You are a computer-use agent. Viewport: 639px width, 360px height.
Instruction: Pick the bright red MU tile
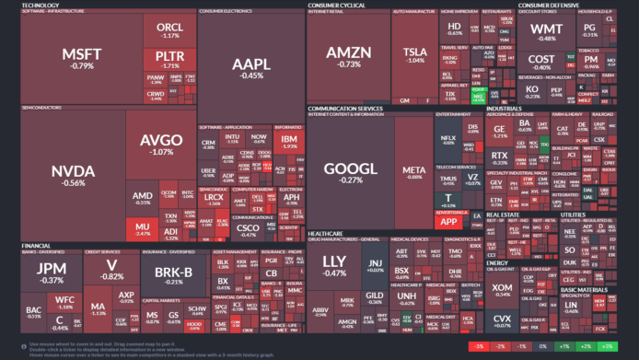coord(143,227)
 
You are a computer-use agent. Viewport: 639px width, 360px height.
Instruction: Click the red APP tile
coord(449,222)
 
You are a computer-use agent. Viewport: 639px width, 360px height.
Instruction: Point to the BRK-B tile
coord(173,274)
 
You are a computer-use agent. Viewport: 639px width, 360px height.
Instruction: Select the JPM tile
coord(52,273)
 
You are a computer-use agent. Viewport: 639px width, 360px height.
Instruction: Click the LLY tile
coord(334,266)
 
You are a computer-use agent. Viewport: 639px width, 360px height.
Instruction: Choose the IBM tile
coord(289,141)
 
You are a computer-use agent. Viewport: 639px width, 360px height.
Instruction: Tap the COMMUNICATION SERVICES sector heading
coord(345,108)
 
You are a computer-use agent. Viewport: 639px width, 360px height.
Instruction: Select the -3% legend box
coord(479,346)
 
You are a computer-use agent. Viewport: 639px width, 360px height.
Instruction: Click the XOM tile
coord(502,288)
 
